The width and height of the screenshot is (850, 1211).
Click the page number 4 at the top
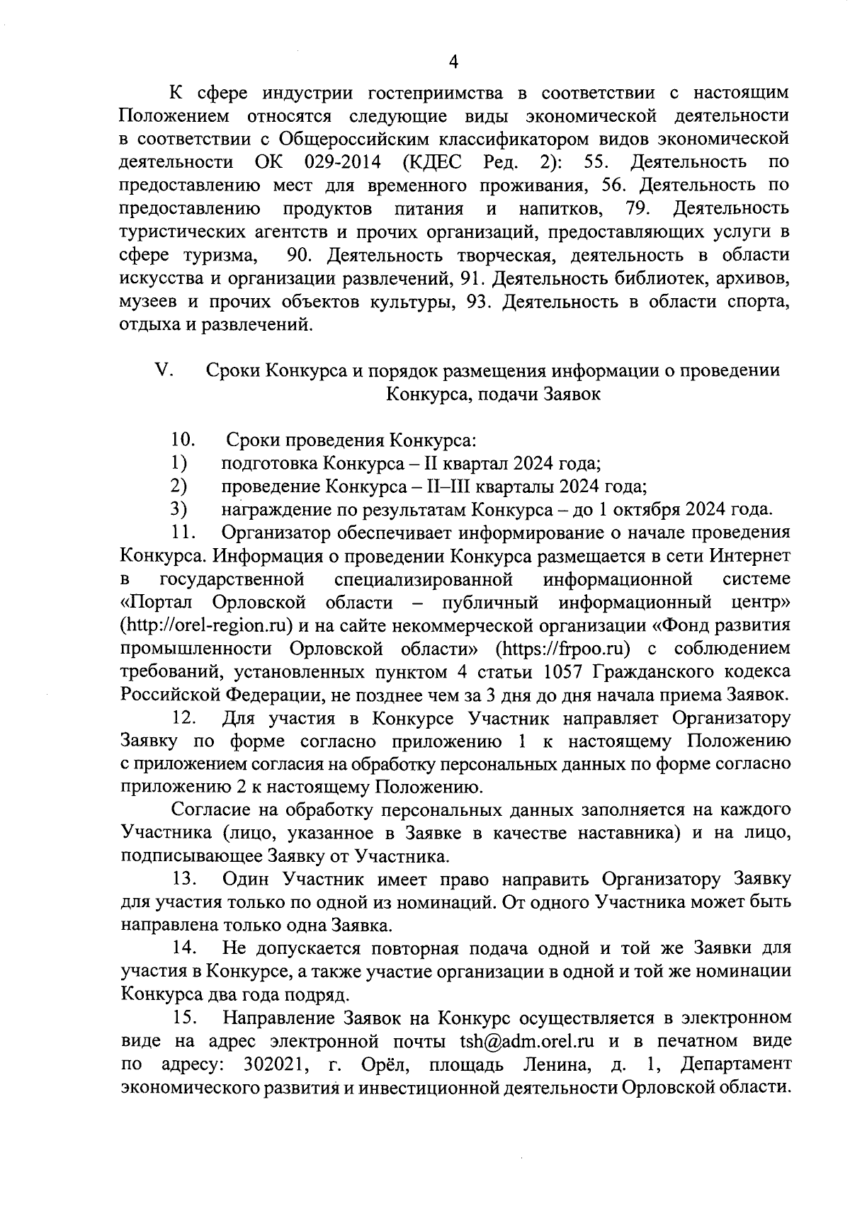[454, 62]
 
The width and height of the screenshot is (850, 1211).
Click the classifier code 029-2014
[343, 162]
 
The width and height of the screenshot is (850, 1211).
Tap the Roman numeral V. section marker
[163, 370]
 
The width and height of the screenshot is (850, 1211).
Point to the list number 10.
[182, 440]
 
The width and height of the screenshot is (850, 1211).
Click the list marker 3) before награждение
[178, 509]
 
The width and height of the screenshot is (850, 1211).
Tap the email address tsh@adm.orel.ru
[527, 1040]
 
